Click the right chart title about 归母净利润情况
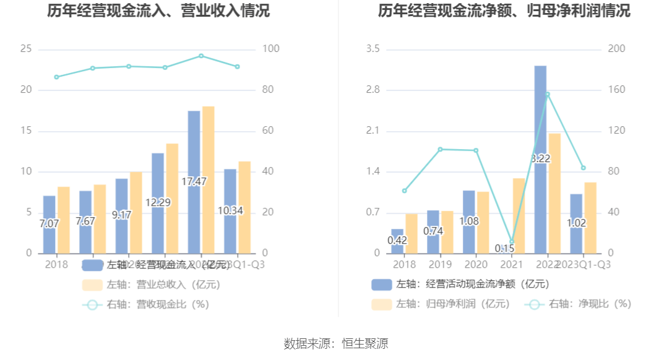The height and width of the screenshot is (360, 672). [x=504, y=11]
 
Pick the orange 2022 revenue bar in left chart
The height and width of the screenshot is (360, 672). [x=209, y=179]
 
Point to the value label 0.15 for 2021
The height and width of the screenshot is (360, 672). [x=505, y=248]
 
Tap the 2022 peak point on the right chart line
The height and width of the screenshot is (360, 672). [x=547, y=94]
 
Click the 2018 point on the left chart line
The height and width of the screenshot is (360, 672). [x=56, y=77]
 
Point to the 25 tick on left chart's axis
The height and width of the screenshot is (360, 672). [x=26, y=49]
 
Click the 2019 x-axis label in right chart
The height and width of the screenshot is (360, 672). [x=440, y=264]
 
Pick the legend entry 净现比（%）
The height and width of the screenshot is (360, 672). [x=579, y=304]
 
